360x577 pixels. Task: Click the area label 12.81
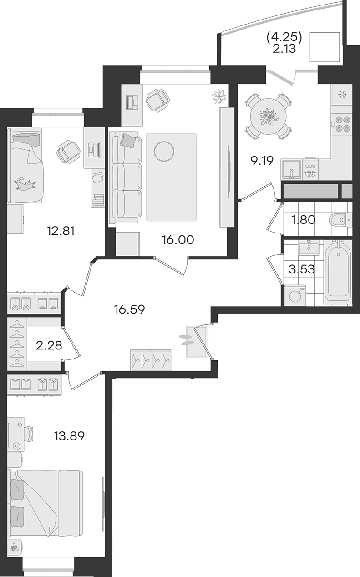[61, 231]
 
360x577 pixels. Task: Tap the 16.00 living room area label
[178, 240]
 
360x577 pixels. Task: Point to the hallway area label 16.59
[129, 309]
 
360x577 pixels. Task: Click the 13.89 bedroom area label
[69, 436]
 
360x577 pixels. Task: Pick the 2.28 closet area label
[49, 345]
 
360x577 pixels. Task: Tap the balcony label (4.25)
[284, 38]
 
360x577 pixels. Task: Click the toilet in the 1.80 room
[340, 220]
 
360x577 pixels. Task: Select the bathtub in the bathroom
[338, 272]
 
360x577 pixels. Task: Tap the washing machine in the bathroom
[295, 295]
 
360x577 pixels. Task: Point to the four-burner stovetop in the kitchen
[342, 124]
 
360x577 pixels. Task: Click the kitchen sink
[291, 169]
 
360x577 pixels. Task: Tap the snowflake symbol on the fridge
[342, 95]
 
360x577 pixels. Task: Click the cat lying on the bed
[25, 183]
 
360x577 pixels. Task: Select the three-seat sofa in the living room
[126, 177]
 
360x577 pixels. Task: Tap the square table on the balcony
[325, 47]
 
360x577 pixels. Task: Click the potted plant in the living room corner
[219, 96]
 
